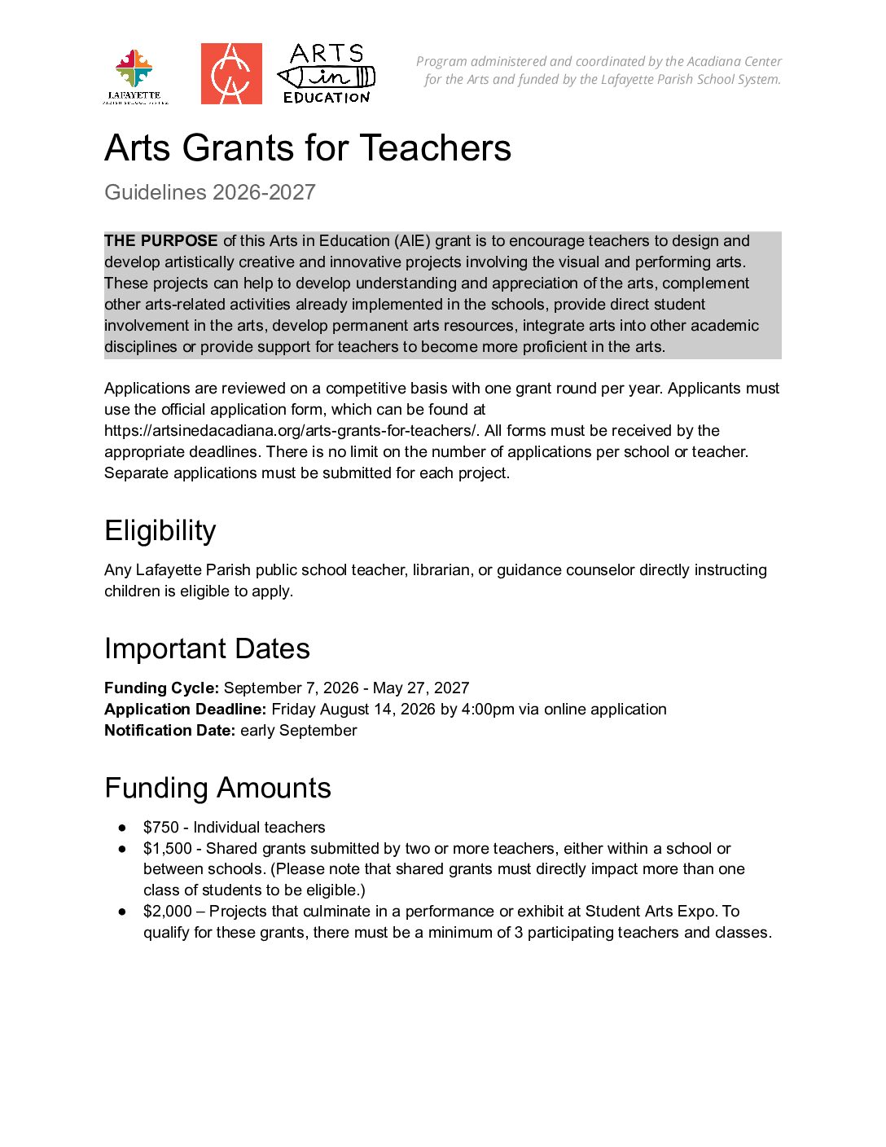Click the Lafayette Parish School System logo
point(135,75)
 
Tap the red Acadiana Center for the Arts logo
point(231,74)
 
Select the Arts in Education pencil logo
point(327,74)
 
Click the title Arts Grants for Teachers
point(308,148)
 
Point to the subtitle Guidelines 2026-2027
point(210,192)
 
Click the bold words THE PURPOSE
point(161,241)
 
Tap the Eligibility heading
point(160,531)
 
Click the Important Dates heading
point(207,649)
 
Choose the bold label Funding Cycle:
point(162,688)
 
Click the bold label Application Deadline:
point(186,710)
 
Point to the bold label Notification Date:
point(170,731)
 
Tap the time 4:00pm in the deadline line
point(488,710)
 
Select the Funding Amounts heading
point(217,789)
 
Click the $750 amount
point(161,828)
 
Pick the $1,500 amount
point(168,849)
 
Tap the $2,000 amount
point(168,912)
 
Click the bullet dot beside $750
point(122,828)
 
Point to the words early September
point(299,731)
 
